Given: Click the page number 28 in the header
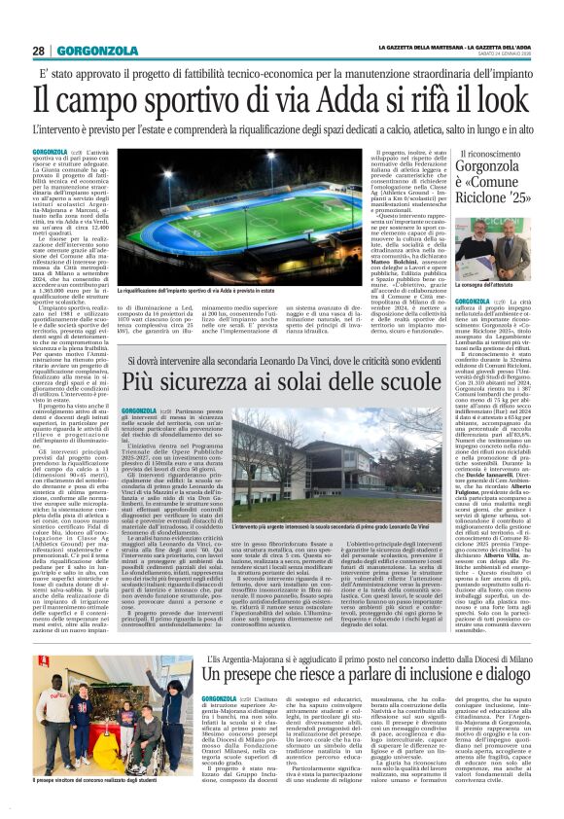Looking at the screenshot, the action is (39, 51).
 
